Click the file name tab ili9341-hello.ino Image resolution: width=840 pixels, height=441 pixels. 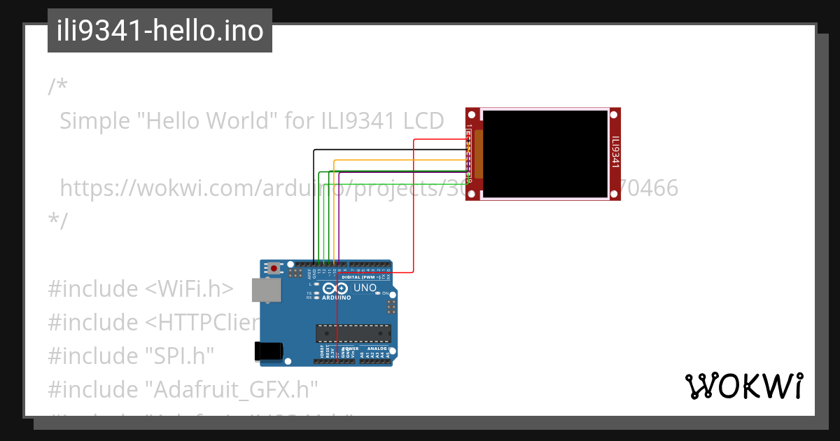point(160,31)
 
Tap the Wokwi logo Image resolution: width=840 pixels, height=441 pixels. point(743,386)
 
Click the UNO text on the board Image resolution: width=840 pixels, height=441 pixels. point(365,288)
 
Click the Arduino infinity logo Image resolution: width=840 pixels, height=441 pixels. point(336,288)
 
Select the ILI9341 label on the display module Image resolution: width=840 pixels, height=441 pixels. point(615,153)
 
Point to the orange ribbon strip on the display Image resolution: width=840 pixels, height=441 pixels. point(479,154)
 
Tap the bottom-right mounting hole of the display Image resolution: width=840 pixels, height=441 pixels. point(615,194)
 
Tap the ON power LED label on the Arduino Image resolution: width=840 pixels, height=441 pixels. point(384,293)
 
